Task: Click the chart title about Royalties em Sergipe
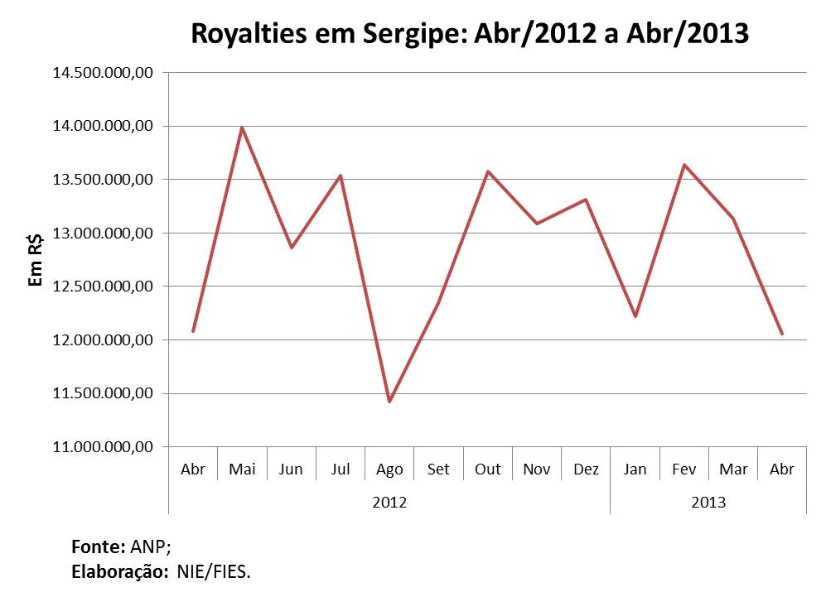coord(470,35)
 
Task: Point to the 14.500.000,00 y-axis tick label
coord(103,73)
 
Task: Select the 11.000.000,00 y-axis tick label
coord(103,447)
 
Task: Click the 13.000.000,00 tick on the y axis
coord(103,233)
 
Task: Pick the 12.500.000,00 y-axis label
coord(103,286)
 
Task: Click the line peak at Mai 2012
coord(242,127)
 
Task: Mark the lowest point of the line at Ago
coord(389,402)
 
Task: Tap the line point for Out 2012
coord(488,171)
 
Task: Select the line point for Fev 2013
coord(684,165)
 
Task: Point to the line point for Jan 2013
coord(635,316)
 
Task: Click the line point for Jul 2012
coord(341,176)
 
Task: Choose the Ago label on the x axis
coord(389,469)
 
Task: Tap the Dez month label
coord(586,469)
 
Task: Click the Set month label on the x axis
coord(438,469)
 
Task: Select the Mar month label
coord(733,469)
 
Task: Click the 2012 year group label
coord(389,503)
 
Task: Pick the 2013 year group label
coord(708,503)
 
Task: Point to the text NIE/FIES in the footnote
coord(212,571)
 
